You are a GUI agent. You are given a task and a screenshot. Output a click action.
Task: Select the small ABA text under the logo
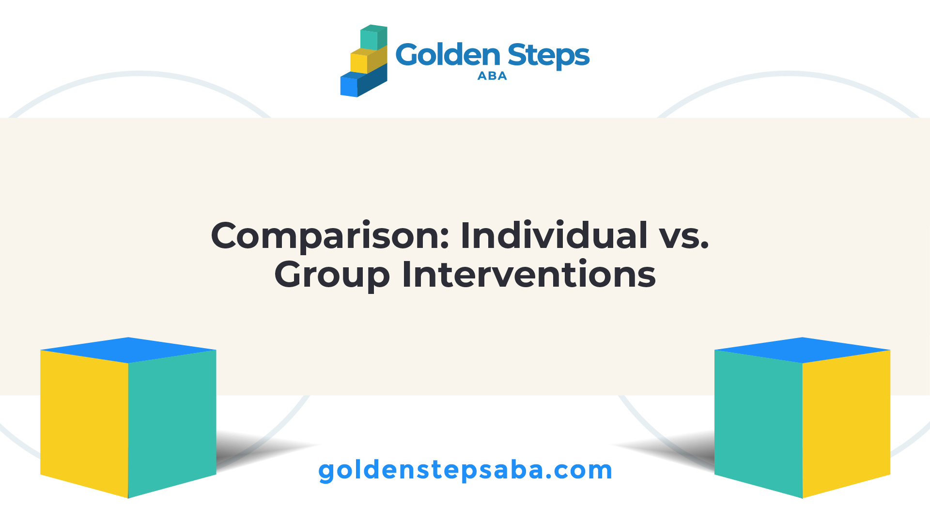492,76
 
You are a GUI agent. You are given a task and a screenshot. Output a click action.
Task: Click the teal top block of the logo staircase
373,37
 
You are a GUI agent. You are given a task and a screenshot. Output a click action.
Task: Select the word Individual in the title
554,235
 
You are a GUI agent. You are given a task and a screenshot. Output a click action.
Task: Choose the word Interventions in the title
529,275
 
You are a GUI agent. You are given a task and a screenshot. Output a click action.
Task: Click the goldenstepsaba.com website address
465,471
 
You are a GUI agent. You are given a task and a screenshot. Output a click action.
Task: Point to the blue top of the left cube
128,350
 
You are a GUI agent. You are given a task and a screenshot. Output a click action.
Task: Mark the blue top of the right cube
803,350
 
